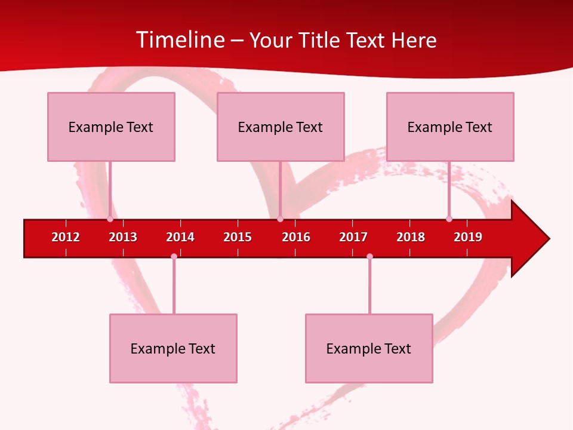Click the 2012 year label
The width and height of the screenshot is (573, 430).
pos(66,237)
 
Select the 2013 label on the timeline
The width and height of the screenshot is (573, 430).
pos(123,237)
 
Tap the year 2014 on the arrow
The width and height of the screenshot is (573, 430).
pos(180,237)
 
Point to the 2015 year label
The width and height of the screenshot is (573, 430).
pos(238,237)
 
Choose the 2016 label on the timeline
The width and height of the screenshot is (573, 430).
pos(296,237)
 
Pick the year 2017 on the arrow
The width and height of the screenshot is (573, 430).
pos(353,237)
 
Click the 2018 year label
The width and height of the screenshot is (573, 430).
pos(411,237)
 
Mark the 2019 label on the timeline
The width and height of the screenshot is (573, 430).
pos(468,237)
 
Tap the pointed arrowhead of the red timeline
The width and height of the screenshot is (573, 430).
pos(531,238)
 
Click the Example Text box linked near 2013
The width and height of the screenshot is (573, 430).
pos(111,127)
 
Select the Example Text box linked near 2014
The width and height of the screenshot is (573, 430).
pos(173,348)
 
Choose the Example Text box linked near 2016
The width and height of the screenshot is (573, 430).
pos(281,127)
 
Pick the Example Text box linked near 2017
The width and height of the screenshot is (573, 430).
pos(369,348)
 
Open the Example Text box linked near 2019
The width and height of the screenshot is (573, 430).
pos(450,127)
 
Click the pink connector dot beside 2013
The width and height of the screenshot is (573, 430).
pos(110,219)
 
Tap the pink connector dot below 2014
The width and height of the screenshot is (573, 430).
pos(174,256)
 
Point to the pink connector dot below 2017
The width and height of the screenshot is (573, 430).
pos(369,256)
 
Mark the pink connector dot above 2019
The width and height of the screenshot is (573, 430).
pos(449,219)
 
